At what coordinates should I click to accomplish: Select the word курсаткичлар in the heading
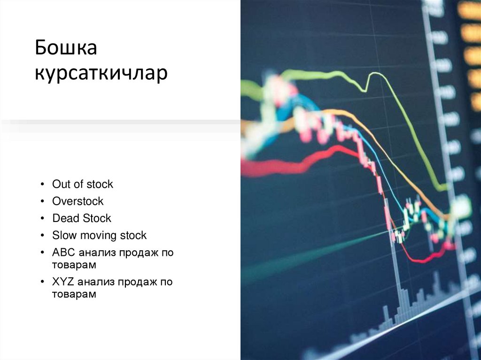click(x=101, y=74)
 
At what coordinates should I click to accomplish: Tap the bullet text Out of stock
click(x=83, y=184)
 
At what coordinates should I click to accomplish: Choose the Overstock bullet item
click(x=78, y=201)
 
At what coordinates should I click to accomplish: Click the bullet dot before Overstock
click(x=43, y=202)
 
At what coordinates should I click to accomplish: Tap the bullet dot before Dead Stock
click(x=43, y=219)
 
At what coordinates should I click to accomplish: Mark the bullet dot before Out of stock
click(x=43, y=184)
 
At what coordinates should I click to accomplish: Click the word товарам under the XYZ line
click(x=74, y=294)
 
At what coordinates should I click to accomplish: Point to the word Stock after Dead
click(x=97, y=218)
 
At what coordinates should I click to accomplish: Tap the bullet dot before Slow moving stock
click(x=43, y=236)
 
